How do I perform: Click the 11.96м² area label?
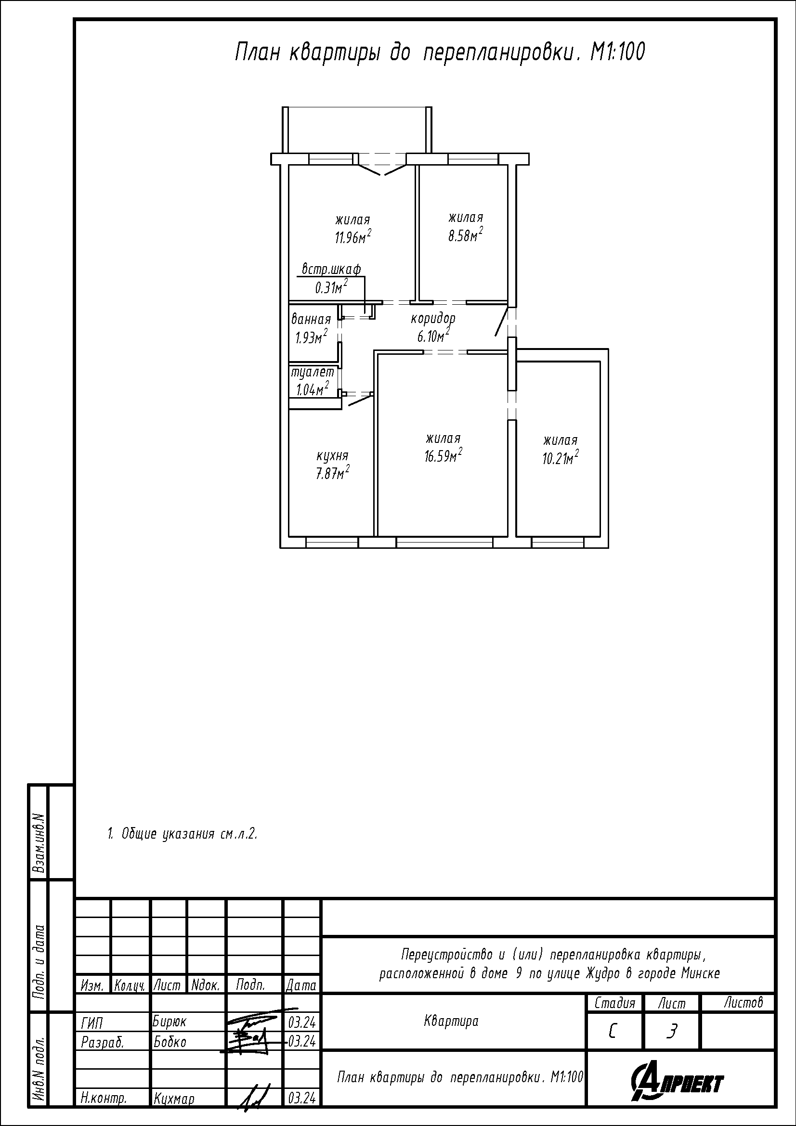click(x=352, y=237)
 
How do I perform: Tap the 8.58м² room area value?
click(x=466, y=234)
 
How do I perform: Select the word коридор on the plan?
click(x=433, y=319)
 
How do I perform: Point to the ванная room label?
click(x=311, y=320)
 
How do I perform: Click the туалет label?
click(x=313, y=372)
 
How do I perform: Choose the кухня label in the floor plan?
click(x=333, y=456)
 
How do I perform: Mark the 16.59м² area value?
click(x=444, y=455)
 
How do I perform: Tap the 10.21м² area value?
click(x=560, y=457)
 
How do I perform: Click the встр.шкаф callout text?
click(x=331, y=269)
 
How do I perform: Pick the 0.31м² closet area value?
click(x=331, y=286)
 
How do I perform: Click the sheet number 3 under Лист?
click(x=672, y=1032)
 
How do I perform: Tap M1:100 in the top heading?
click(x=617, y=52)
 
